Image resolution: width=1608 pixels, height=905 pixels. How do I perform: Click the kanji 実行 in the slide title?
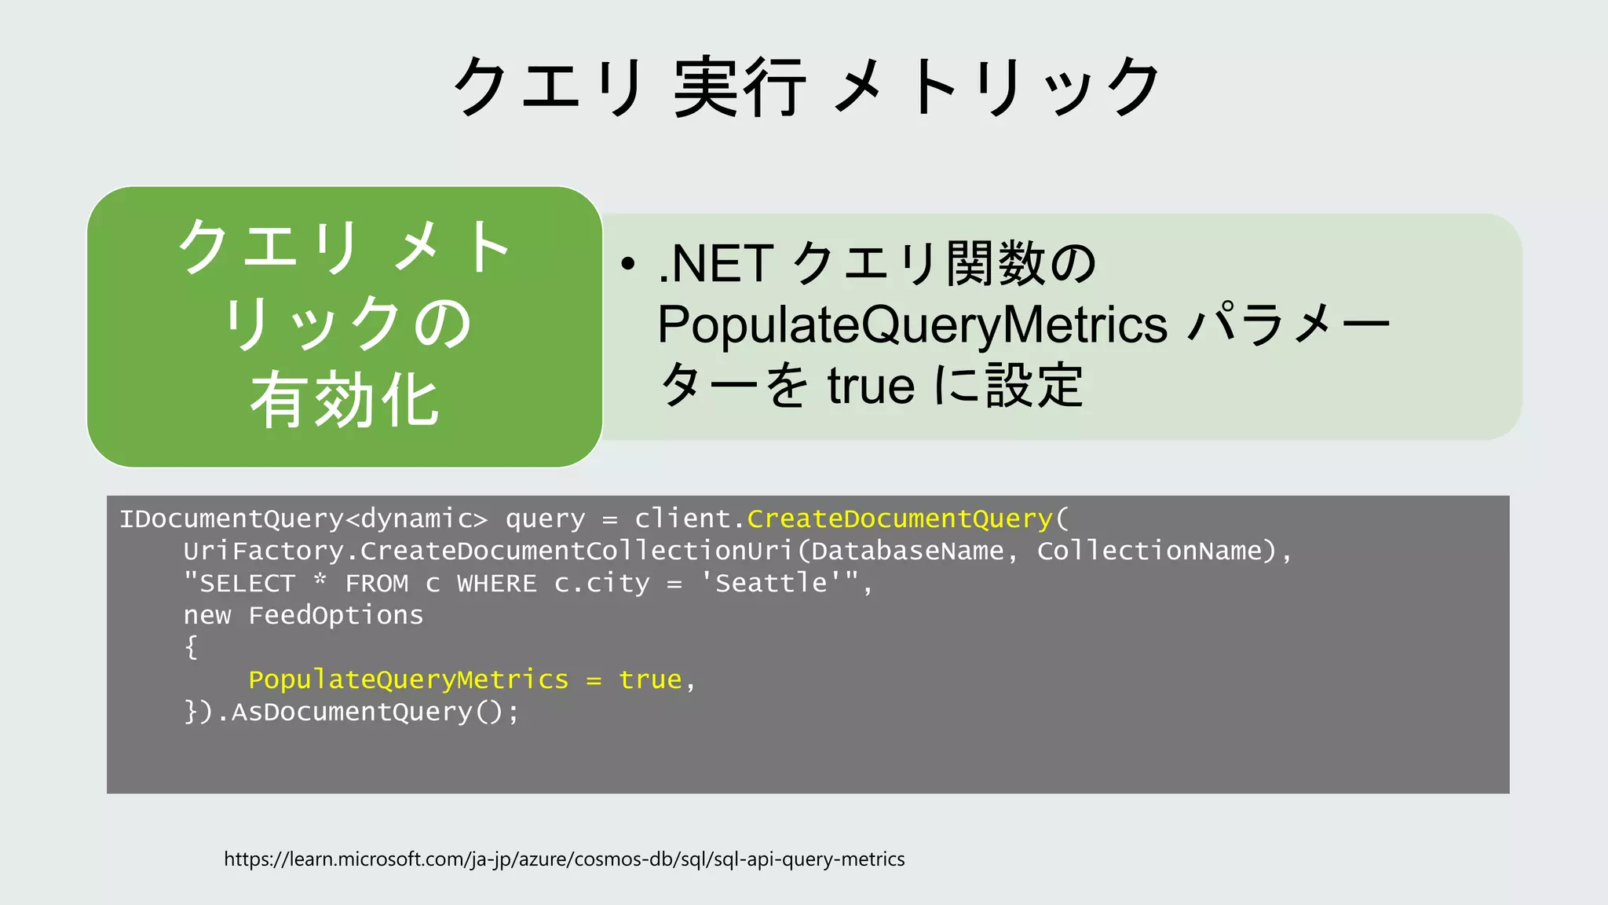[x=739, y=86]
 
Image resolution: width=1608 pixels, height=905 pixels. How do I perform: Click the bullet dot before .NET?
[x=627, y=265]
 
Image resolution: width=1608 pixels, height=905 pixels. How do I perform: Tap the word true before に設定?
[x=871, y=386]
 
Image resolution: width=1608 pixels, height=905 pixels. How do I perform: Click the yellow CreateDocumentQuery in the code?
[x=899, y=518]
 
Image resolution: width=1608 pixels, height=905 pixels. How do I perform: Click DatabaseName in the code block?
[x=907, y=551]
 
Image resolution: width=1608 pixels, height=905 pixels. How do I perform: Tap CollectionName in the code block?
[x=1149, y=551]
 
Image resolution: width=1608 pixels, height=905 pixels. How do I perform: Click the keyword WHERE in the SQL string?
[x=497, y=584]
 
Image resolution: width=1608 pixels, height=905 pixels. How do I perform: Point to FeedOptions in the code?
[x=335, y=615]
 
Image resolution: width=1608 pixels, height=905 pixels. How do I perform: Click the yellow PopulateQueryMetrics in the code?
[x=408, y=680]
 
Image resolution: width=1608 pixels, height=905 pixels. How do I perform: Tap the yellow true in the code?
[x=650, y=680]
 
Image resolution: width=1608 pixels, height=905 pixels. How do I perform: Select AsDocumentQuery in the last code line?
[x=352, y=712]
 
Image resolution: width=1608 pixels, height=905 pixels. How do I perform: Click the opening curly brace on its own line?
[x=191, y=647]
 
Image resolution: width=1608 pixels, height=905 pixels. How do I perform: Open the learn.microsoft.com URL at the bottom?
[x=564, y=859]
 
